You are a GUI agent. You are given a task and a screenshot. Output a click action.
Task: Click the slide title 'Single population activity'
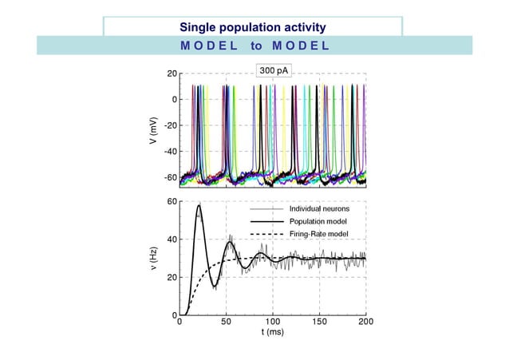(252, 28)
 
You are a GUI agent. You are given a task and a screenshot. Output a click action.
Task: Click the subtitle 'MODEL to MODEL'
(254, 45)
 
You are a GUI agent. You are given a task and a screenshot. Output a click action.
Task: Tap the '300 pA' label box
(272, 71)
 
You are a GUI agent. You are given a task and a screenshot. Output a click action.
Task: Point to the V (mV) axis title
(152, 131)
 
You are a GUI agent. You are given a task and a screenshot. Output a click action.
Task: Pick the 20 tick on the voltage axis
(172, 73)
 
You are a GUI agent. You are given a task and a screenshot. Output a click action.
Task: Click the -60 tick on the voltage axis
(169, 176)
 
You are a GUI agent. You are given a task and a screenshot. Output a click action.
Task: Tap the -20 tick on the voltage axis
(169, 125)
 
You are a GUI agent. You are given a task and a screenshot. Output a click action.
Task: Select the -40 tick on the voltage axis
(169, 151)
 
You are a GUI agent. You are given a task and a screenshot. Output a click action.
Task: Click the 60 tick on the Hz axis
(171, 202)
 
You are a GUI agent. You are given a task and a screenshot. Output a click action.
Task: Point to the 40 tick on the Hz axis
(171, 239)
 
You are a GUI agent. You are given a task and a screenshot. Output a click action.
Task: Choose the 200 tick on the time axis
(365, 322)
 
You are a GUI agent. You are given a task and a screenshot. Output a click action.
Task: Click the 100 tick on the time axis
(273, 322)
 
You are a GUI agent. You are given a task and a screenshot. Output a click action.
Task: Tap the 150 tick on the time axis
(319, 322)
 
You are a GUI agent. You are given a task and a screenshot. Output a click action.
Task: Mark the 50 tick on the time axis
(227, 322)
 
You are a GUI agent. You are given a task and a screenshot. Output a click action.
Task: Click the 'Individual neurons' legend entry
(318, 208)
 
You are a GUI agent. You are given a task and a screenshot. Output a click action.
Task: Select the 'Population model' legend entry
(316, 221)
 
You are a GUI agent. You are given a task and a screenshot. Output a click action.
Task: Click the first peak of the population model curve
(198, 205)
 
